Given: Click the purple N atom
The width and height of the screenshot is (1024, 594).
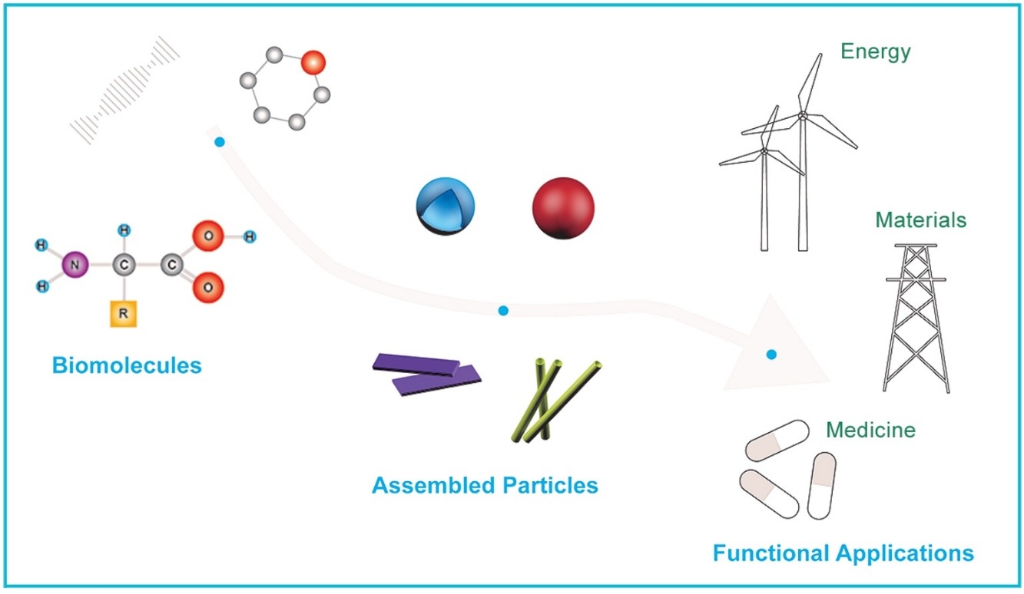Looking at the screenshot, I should click(75, 266).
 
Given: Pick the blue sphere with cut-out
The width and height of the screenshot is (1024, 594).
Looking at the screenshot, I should click(445, 206).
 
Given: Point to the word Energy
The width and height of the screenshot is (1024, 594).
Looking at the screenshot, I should click(875, 52).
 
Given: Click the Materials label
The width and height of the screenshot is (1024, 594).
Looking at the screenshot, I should click(920, 221).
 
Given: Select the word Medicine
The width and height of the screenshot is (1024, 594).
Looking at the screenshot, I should click(870, 430).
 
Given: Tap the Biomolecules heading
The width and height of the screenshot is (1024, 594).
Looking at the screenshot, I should click(127, 365).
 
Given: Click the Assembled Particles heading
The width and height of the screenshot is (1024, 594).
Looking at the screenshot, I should click(485, 485).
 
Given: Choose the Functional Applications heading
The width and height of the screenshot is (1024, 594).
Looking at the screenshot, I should click(843, 553).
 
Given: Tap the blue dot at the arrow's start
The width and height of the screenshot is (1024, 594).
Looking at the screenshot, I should click(220, 142).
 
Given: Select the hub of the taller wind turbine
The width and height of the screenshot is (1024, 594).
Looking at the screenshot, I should click(803, 115).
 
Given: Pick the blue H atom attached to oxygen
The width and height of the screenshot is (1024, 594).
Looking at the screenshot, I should click(249, 236).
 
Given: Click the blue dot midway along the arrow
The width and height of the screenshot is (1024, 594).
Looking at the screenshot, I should click(503, 311).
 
